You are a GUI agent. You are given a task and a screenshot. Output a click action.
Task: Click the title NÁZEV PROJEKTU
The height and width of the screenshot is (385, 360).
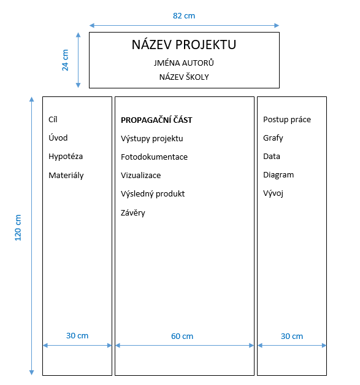tap(184, 45)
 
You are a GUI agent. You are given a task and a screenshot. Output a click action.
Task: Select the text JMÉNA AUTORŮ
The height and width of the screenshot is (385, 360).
tap(184, 63)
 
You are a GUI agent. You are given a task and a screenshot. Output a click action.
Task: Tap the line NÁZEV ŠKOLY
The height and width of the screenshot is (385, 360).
tap(184, 77)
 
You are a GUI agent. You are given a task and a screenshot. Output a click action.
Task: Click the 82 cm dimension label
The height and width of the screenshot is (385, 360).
tap(184, 16)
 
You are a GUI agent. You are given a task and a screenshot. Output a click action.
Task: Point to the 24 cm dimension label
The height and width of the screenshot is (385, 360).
tap(65, 60)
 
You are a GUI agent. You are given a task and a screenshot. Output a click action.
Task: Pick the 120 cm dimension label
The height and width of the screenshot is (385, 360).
tap(18, 228)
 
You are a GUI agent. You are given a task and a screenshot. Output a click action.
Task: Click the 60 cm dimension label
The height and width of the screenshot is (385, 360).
tap(182, 336)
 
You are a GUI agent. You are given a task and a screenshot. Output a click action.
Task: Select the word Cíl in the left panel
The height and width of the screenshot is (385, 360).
tap(53, 119)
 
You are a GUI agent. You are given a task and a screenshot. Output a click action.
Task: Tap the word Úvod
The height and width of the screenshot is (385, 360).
tap(58, 138)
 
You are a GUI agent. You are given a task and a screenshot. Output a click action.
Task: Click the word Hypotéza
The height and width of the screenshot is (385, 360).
tap(66, 157)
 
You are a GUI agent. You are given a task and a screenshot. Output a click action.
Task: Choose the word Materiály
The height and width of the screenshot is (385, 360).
tap(66, 176)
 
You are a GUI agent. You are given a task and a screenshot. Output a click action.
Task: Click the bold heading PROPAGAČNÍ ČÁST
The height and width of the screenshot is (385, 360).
tap(157, 120)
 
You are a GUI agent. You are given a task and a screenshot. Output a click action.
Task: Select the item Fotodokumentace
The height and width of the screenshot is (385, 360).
tap(155, 157)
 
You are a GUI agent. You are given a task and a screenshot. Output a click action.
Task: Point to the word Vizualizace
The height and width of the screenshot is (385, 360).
tap(141, 175)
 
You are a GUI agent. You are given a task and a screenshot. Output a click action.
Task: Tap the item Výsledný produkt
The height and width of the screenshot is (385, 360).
tap(153, 193)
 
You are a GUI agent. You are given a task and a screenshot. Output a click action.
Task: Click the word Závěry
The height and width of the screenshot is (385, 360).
tap(133, 212)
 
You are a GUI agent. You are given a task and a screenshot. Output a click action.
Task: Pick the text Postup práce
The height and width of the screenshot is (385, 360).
tap(287, 120)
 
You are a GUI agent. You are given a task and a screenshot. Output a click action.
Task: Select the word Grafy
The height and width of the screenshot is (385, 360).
tap(273, 138)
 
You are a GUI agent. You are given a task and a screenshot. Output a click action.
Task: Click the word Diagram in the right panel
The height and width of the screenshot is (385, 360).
tap(278, 175)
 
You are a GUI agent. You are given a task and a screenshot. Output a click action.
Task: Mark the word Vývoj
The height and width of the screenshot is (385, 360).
tap(273, 193)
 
